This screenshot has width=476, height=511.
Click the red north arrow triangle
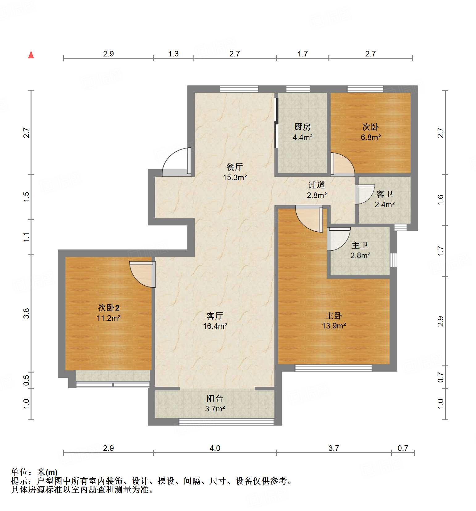click(31, 55)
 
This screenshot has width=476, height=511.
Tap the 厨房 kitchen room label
click(302, 127)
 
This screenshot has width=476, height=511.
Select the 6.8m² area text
click(370, 137)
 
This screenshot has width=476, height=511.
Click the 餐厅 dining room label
click(235, 167)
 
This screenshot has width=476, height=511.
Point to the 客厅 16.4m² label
click(215, 321)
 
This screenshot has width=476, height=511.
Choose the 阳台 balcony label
click(215, 398)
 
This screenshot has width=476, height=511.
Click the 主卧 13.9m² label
click(334, 321)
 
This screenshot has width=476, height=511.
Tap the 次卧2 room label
click(109, 307)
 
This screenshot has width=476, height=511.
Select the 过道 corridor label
click(316, 185)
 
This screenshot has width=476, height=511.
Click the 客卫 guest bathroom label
click(385, 194)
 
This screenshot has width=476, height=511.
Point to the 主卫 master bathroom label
click(360, 245)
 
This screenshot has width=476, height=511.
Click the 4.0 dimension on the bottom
click(215, 448)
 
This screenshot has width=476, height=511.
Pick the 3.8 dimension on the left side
click(27, 313)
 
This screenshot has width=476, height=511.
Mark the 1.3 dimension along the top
click(173, 54)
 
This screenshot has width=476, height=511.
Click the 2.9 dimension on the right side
click(441, 321)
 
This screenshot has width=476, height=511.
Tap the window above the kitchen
click(298, 89)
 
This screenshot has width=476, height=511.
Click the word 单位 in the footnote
click(19, 472)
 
